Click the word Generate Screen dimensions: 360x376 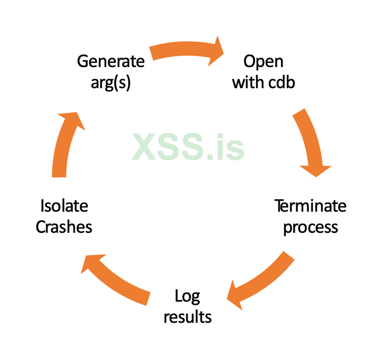click(110, 62)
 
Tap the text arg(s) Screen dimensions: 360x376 click(110, 83)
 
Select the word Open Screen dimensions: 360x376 click(263, 62)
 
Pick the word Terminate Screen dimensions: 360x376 click(310, 206)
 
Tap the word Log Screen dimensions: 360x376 click(187, 296)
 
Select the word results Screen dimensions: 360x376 click(187, 316)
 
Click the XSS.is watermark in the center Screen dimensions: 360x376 click(189, 147)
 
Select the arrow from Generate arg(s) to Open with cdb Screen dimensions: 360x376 click(185, 49)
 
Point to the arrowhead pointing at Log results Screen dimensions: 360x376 click(237, 296)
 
